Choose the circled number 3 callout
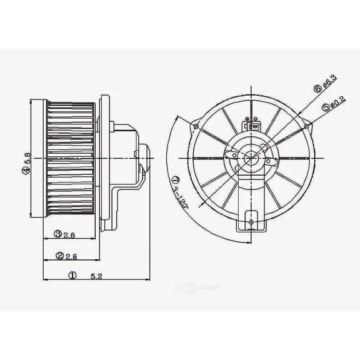pos(57,234)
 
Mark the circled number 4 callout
pos(27,170)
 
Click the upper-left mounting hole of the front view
pos(197,127)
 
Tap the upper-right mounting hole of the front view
pos(306,127)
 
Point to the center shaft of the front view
pos(251,157)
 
